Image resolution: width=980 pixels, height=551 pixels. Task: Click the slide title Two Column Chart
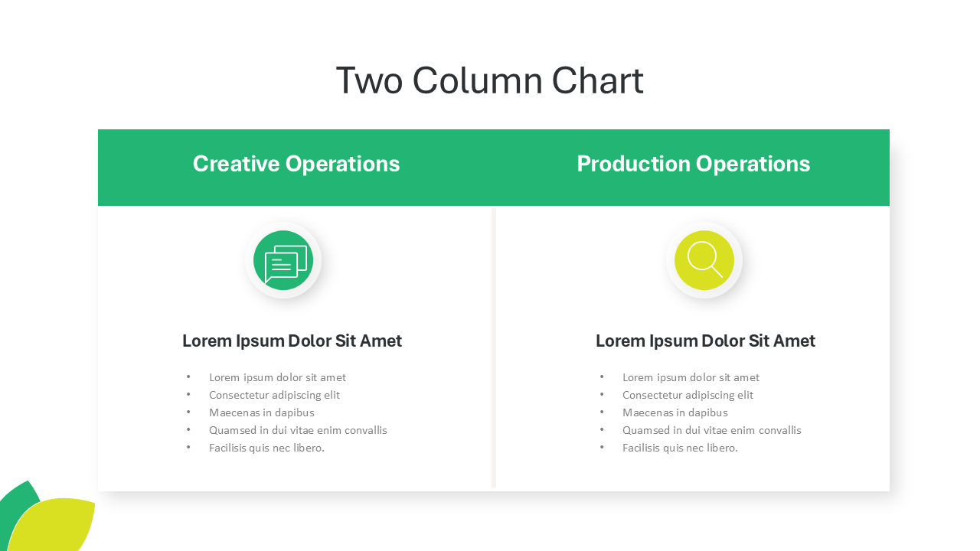pyautogui.click(x=489, y=80)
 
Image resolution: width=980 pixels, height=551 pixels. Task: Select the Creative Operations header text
pyautogui.click(x=296, y=164)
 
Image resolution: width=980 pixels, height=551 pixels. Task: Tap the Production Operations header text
pyautogui.click(x=694, y=164)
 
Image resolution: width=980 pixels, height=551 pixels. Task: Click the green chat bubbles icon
pyautogui.click(x=283, y=260)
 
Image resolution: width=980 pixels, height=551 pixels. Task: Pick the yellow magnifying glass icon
pyautogui.click(x=704, y=260)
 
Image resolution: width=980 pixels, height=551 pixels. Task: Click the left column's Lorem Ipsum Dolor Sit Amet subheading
pyautogui.click(x=292, y=341)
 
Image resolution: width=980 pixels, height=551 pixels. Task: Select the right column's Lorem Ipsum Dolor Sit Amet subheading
pyautogui.click(x=705, y=341)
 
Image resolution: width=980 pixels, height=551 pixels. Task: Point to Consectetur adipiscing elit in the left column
pyautogui.click(x=274, y=396)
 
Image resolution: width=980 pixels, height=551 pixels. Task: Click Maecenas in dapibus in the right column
pyautogui.click(x=675, y=412)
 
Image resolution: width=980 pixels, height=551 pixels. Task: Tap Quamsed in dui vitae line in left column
pyautogui.click(x=298, y=430)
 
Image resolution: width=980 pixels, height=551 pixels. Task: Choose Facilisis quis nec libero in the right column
pyautogui.click(x=680, y=448)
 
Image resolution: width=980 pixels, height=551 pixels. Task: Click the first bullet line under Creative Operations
pyautogui.click(x=277, y=377)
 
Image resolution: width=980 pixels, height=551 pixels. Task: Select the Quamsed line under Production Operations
pyautogui.click(x=712, y=430)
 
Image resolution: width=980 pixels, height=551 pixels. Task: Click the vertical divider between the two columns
pyautogui.click(x=494, y=348)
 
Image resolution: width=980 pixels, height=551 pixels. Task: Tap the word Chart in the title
pyautogui.click(x=598, y=80)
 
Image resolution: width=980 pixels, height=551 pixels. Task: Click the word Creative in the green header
pyautogui.click(x=237, y=164)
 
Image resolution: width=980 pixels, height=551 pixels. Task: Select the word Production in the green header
pyautogui.click(x=633, y=164)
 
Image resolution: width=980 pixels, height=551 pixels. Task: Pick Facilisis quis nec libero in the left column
pyautogui.click(x=266, y=448)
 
